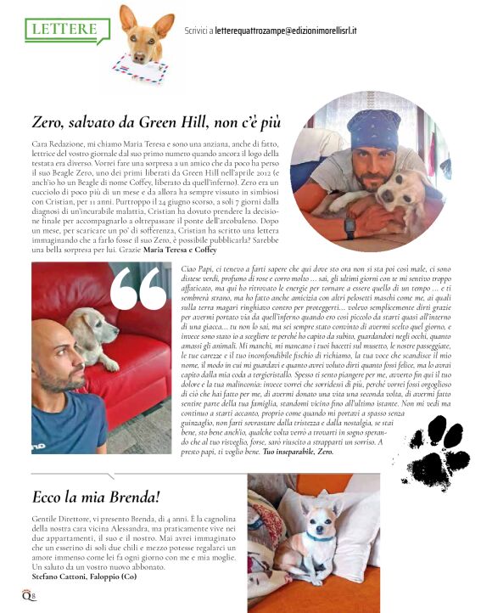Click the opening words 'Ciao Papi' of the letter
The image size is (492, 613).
coord(197,268)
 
